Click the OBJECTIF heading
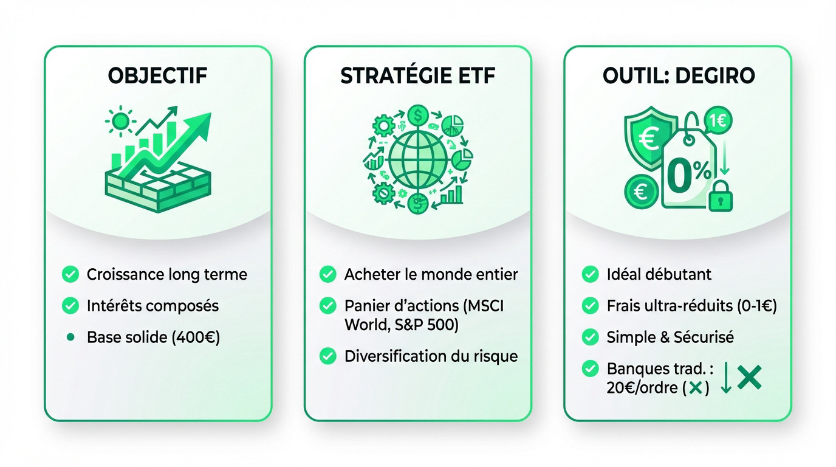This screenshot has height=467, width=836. (x=157, y=76)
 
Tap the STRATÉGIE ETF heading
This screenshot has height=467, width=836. (x=417, y=76)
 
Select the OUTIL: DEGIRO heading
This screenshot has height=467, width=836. (x=678, y=76)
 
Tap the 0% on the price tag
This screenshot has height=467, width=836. (x=688, y=175)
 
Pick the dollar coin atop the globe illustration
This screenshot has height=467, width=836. (x=418, y=114)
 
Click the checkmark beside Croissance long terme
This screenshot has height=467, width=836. (x=71, y=275)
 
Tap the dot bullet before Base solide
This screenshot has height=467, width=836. (x=71, y=337)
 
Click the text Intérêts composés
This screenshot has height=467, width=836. (x=152, y=305)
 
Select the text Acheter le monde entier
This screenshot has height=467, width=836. (x=431, y=274)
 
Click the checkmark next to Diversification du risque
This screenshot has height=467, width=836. (x=328, y=356)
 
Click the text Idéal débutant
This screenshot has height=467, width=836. (x=659, y=274)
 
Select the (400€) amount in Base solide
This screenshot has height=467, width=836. (x=196, y=337)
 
